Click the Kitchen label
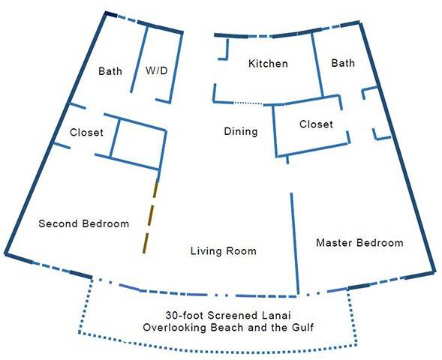pyautogui.click(x=268, y=64)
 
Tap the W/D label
pyautogui.click(x=157, y=70)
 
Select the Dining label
pyautogui.click(x=241, y=131)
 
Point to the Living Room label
pyautogui.click(x=224, y=250)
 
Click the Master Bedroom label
pyautogui.click(x=359, y=242)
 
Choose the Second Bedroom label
pyautogui.click(x=84, y=223)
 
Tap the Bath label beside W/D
pyautogui.click(x=110, y=71)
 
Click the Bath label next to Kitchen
pyautogui.click(x=343, y=63)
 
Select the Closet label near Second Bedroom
pyautogui.click(x=86, y=133)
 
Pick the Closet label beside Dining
pyautogui.click(x=316, y=124)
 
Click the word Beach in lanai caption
pyautogui.click(x=227, y=327)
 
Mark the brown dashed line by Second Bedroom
pyautogui.click(x=150, y=217)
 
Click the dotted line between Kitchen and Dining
pyautogui.click(x=248, y=103)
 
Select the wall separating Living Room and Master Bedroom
pyautogui.click(x=295, y=244)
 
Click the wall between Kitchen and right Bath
pyautogui.click(x=317, y=65)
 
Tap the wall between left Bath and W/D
pyautogui.click(x=140, y=59)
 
